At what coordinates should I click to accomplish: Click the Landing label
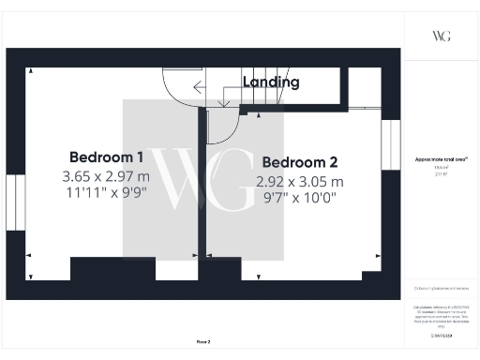(x=271, y=82)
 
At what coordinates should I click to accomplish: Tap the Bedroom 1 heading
(x=106, y=157)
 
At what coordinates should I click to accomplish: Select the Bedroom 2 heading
(x=299, y=162)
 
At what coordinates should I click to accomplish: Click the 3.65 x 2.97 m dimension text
(x=106, y=175)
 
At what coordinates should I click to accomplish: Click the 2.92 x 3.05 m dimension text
(x=299, y=181)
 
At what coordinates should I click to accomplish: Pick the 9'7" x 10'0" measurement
(x=299, y=199)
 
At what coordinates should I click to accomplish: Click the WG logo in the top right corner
(x=441, y=36)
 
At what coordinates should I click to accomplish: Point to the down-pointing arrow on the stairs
(x=223, y=99)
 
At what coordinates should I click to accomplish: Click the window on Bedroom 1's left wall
(x=14, y=202)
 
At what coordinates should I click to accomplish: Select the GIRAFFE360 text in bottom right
(x=440, y=335)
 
